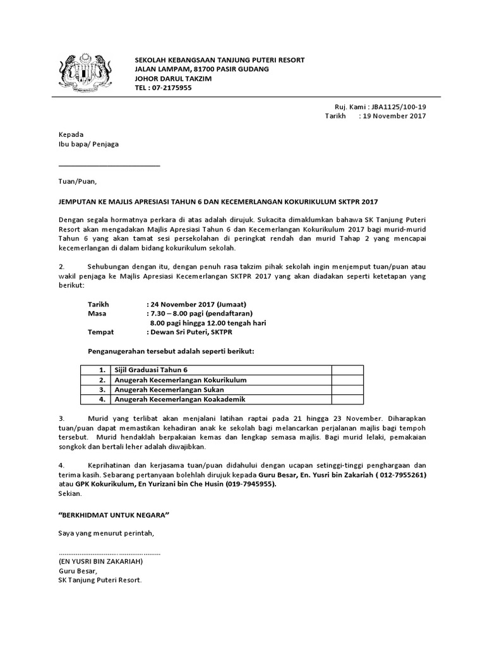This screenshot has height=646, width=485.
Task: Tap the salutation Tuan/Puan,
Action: point(78,182)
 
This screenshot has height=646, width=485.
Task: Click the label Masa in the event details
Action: point(98,314)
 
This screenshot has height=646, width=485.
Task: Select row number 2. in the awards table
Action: point(101,380)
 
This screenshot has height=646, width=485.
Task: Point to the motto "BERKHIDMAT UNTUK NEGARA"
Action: point(114,515)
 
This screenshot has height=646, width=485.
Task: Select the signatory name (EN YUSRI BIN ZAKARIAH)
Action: point(101,561)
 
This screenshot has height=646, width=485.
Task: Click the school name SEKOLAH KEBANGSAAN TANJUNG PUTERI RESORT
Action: point(220,60)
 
